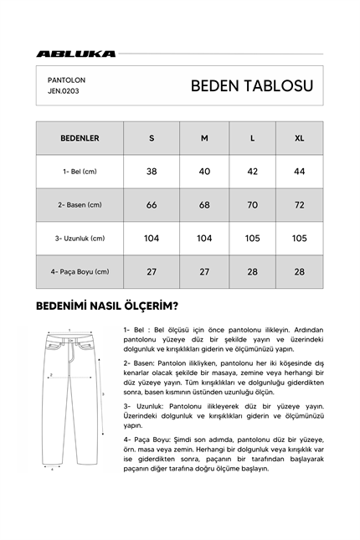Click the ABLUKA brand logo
(76, 54)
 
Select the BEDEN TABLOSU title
(251, 86)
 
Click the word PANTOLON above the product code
(67, 80)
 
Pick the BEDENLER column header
(80, 138)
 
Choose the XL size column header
(299, 138)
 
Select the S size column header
(152, 138)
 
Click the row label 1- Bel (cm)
(80, 172)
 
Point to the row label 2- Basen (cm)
(80, 205)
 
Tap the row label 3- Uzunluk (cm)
(80, 239)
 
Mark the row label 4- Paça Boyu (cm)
(80, 271)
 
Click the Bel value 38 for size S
(152, 172)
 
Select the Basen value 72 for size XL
(299, 205)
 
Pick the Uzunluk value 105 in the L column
(252, 239)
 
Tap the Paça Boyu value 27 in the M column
(204, 271)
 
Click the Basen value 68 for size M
(204, 205)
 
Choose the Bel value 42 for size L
(252, 172)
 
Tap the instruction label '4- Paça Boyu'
(145, 438)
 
